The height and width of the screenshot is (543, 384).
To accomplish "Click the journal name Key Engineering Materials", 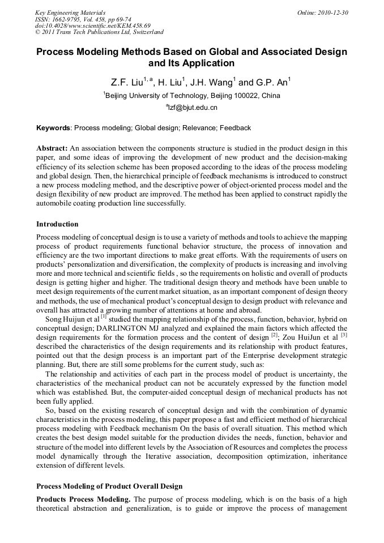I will coord(70,12).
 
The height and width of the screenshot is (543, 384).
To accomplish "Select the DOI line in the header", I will coord(92,25).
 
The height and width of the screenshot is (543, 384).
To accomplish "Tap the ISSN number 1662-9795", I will coord(70,19).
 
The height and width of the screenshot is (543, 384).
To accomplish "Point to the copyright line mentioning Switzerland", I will coord(99,32).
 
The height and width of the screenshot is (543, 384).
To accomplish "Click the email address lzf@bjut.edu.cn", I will coord(193,107).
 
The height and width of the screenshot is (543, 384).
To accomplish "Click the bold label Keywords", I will coord(53,128).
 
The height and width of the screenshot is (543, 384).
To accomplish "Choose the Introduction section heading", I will coord(57,224).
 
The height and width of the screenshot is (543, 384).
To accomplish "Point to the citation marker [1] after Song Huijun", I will coord(104,317).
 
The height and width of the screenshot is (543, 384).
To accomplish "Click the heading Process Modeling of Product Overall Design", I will coord(109,486).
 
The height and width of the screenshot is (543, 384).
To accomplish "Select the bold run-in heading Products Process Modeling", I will coord(83,499).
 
